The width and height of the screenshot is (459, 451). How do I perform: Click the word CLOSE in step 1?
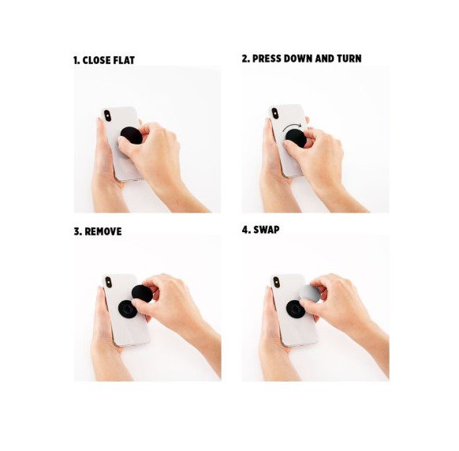[x=96, y=60]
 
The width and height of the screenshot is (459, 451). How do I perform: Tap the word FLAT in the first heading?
[x=124, y=60]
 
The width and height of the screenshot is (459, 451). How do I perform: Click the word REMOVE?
[x=103, y=231]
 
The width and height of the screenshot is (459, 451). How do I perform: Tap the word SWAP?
[x=266, y=230]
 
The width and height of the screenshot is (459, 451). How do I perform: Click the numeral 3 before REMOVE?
[x=77, y=231]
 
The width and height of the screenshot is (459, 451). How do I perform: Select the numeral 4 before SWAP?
[x=245, y=230]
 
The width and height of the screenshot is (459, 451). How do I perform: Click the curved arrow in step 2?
[x=291, y=126]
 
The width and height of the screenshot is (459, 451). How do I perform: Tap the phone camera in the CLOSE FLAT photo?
[x=107, y=115]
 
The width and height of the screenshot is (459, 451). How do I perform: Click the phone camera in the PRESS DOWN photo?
[x=275, y=114]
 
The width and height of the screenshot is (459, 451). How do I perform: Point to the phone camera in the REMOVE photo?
[x=108, y=282]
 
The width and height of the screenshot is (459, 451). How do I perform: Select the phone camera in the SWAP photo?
[x=276, y=282]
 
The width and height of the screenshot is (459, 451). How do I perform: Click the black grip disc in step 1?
[x=131, y=135]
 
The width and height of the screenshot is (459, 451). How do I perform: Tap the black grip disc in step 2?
[x=296, y=138]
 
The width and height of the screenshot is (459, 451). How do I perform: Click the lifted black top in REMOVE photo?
[x=142, y=294]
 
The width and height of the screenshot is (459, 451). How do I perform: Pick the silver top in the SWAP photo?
[x=310, y=293]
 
